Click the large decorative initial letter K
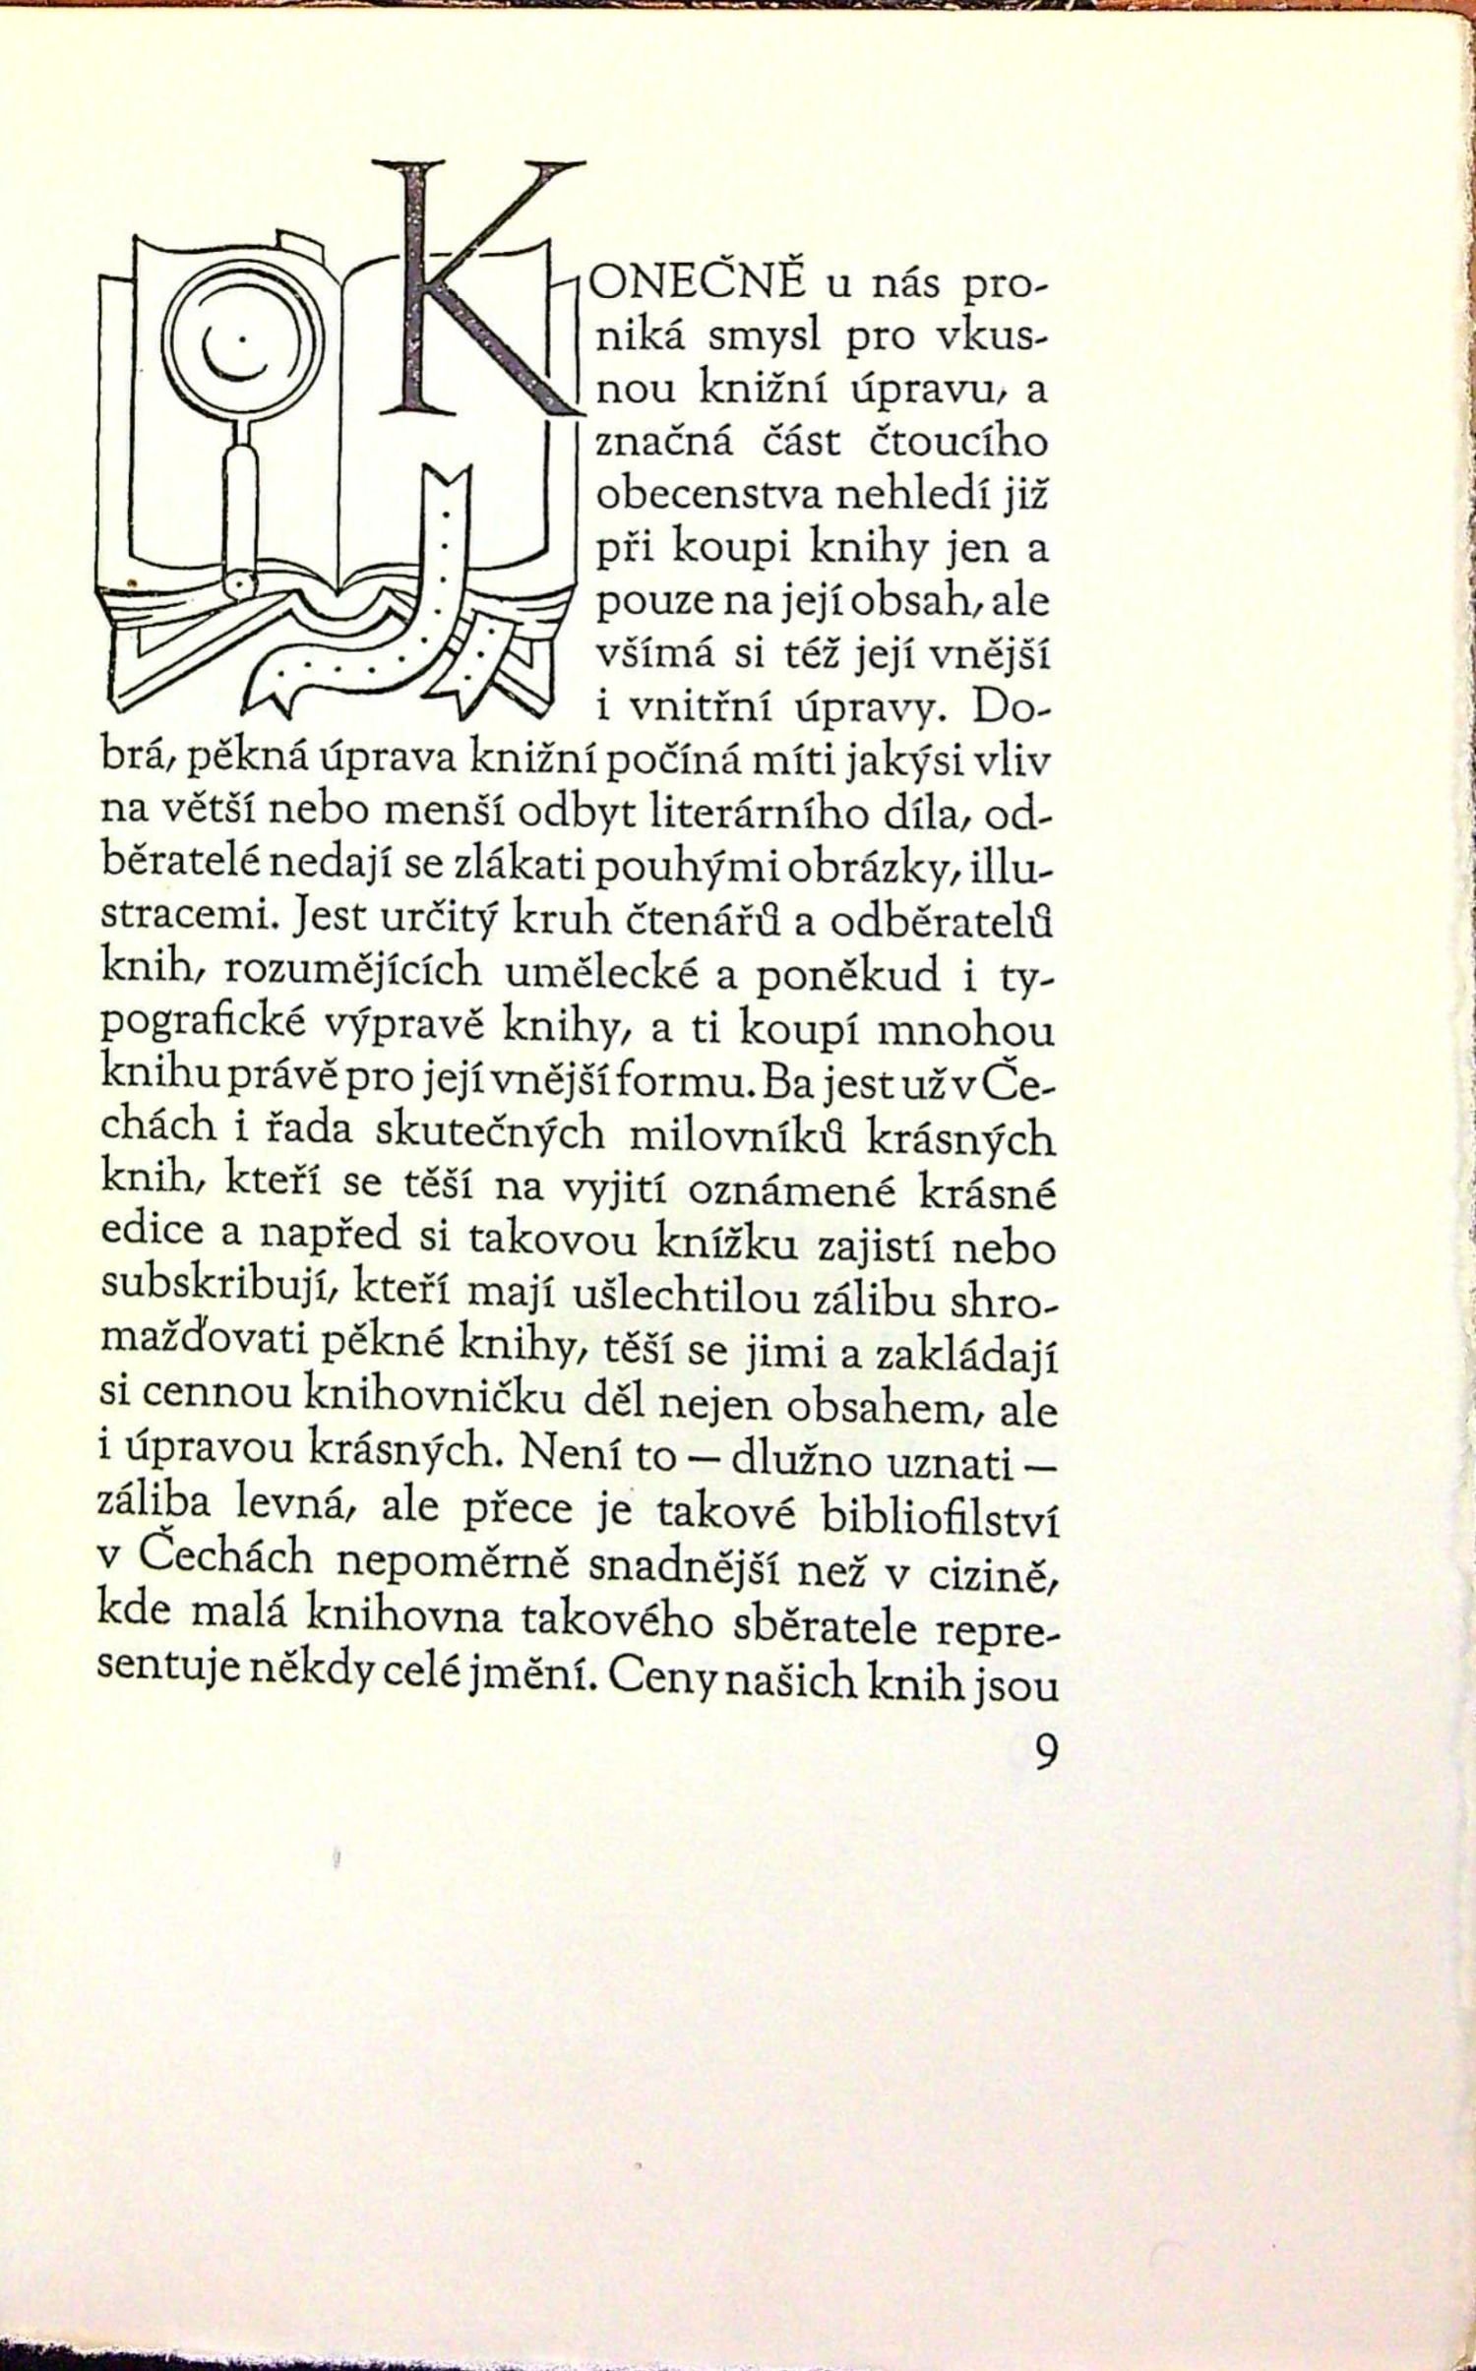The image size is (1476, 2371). click(472, 295)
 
